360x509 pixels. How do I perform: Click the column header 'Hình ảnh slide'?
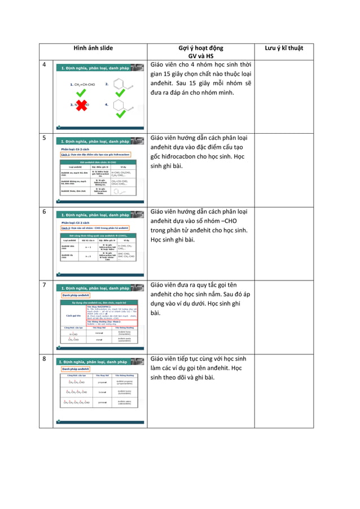[94, 48]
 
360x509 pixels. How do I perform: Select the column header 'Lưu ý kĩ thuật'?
[284, 48]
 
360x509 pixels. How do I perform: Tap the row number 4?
[44, 64]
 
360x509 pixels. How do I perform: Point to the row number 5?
[44, 138]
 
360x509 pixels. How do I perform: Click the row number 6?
[44, 211]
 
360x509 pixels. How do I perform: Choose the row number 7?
[44, 284]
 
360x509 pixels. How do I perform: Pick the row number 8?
[44, 358]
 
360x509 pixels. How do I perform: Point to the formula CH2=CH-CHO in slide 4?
[83, 84]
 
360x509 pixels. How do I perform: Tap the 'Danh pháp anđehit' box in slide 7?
[76, 295]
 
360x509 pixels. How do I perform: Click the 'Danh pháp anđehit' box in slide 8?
[76, 368]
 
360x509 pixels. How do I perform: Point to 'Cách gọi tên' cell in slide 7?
[73, 315]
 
